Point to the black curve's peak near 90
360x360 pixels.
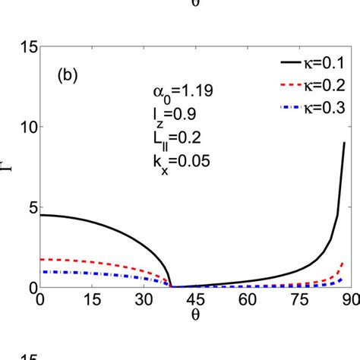pos(345,143)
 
